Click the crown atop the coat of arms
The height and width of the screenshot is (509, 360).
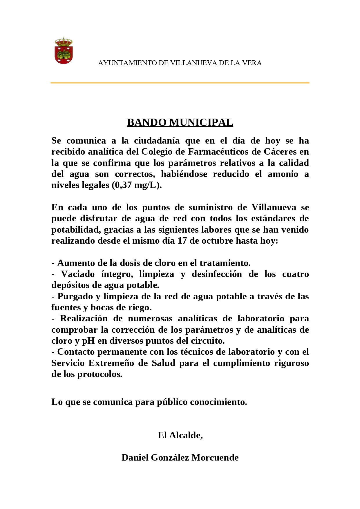[x=64, y=41]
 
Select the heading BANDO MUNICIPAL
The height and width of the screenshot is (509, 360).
[x=180, y=122]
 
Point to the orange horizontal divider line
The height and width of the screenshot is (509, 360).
[x=180, y=83]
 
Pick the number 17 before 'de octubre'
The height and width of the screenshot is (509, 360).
[x=182, y=241]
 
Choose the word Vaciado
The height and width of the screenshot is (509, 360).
[x=78, y=274]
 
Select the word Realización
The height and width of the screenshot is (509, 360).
[x=84, y=318]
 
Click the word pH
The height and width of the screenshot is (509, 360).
[x=88, y=341]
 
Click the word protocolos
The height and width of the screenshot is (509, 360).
[x=100, y=374]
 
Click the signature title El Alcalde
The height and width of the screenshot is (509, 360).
[x=180, y=435]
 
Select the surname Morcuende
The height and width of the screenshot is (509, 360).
[x=215, y=458]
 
